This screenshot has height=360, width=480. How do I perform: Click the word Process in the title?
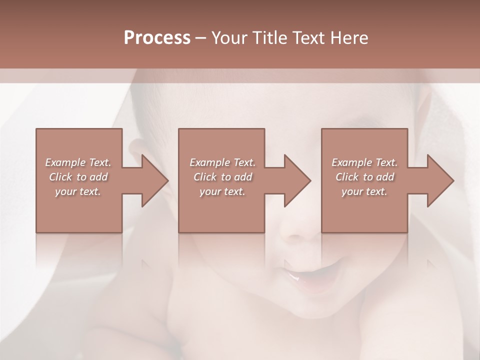point(157,38)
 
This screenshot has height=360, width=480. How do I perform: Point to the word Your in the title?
point(228,38)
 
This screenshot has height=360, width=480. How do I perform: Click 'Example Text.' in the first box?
point(78,162)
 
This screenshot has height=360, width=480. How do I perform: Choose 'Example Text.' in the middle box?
point(222,162)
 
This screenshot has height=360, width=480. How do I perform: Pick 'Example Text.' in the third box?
point(364,162)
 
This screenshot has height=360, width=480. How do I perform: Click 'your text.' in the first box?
point(78,191)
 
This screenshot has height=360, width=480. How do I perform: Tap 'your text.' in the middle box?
point(222,191)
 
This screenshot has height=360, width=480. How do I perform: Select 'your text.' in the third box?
point(364,191)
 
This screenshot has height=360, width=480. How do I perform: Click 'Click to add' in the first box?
point(78,177)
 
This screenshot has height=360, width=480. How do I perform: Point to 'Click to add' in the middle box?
point(222,177)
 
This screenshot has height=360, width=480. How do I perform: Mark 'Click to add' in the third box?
point(364,177)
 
